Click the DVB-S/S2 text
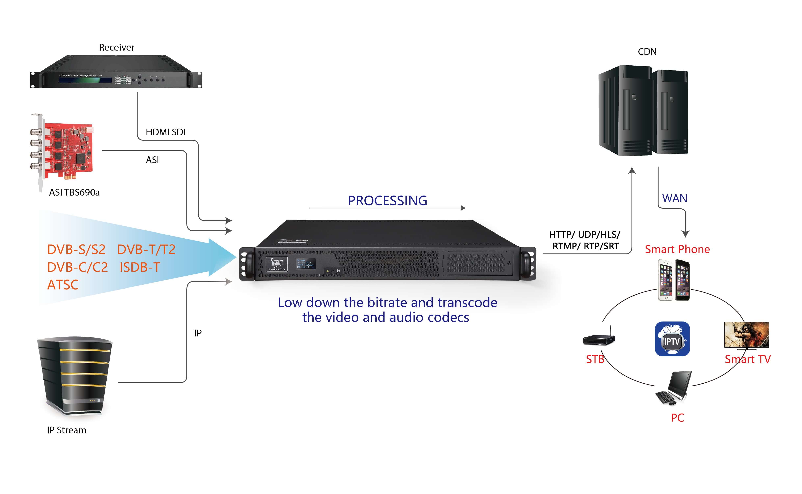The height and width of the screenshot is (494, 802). [x=76, y=250]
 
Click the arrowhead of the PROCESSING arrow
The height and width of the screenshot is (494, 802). [x=463, y=208]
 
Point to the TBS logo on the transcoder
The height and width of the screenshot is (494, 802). [x=277, y=263]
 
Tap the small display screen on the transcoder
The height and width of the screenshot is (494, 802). [x=306, y=263]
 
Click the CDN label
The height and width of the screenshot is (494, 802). [x=647, y=52]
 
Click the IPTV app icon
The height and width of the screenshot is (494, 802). [x=672, y=339]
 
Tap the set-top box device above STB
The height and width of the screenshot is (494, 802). [x=598, y=339]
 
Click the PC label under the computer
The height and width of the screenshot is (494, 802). [x=677, y=418]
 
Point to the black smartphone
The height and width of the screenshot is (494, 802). [x=682, y=280]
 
